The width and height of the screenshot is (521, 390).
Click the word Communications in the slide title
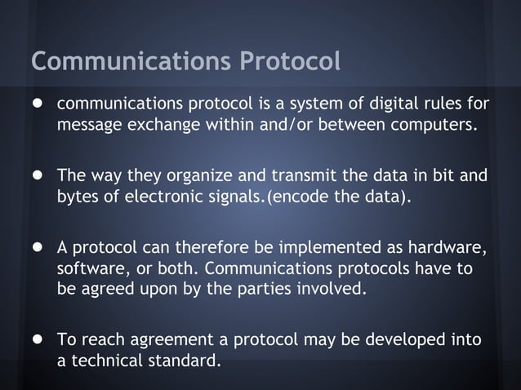point(130,61)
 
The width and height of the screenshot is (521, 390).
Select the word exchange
point(157,127)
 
